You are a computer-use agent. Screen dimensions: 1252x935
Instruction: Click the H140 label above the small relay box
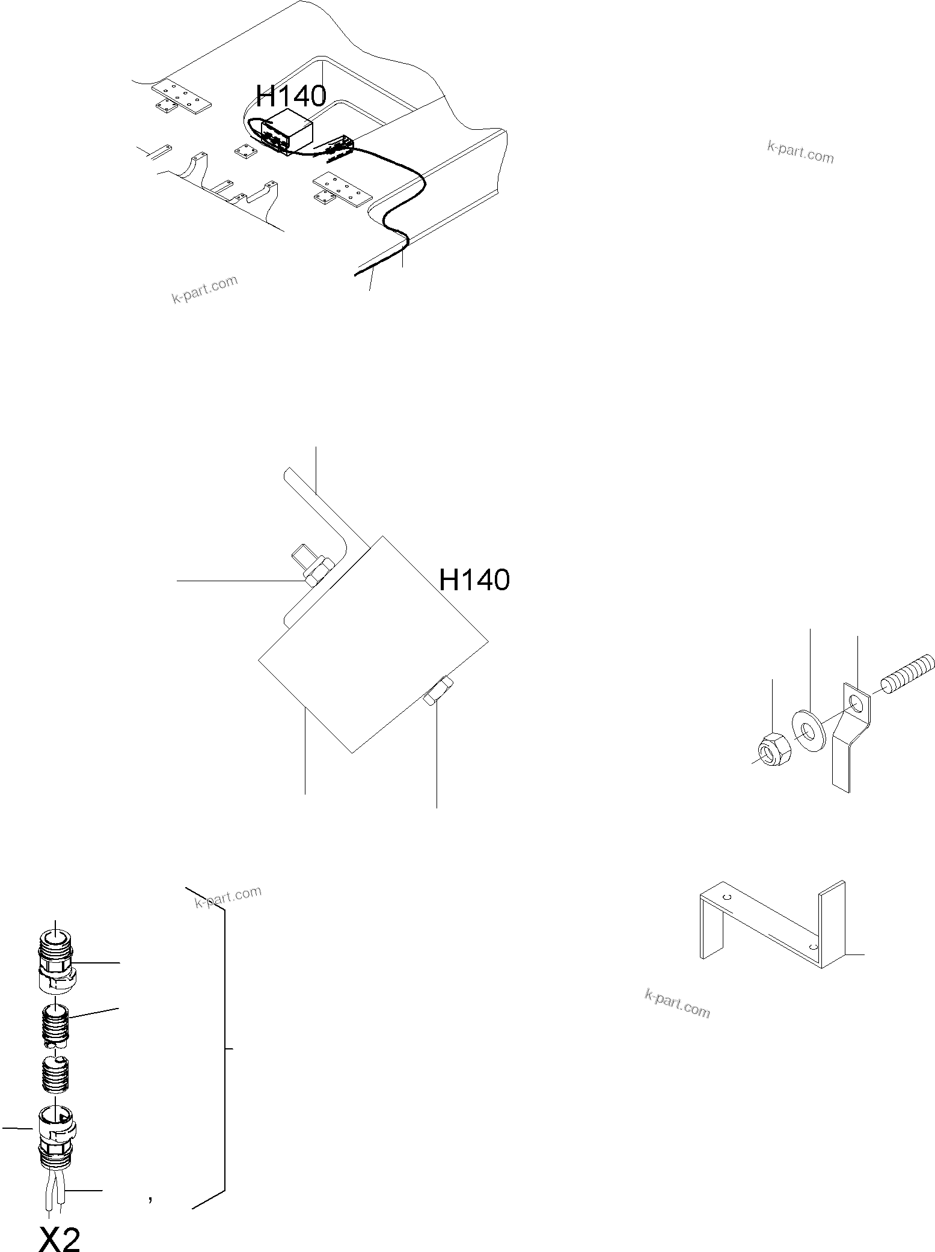[291, 96]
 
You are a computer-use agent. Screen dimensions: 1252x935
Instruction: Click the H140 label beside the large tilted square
[474, 580]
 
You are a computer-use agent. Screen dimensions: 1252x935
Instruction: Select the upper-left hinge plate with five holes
[182, 97]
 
